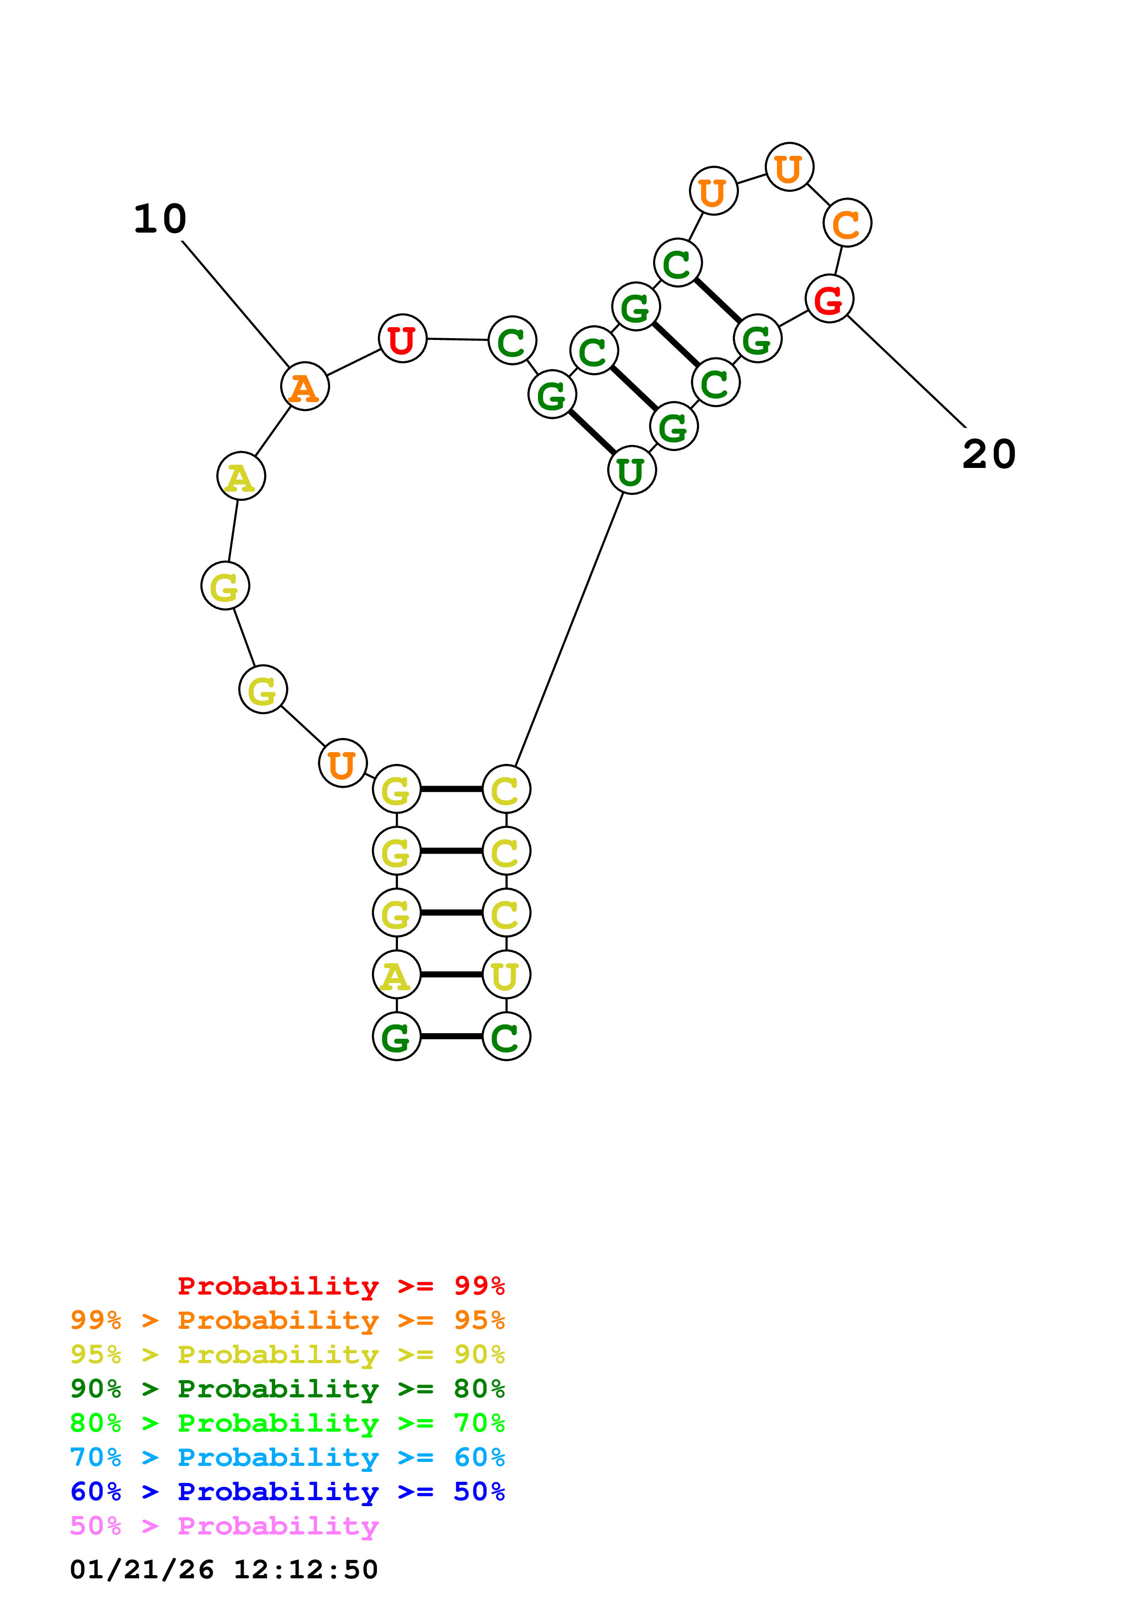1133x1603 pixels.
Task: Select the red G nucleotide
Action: [829, 299]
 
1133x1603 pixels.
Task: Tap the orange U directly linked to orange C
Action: [789, 168]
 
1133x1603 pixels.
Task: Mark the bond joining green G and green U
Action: [592, 432]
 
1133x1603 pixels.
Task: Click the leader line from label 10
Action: [235, 303]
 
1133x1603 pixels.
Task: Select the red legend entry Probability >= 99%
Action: [340, 1285]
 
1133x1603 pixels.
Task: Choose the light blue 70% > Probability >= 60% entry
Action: [287, 1457]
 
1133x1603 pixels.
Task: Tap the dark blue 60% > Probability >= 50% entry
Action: [287, 1492]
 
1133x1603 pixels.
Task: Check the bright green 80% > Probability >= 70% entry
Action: [287, 1423]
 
